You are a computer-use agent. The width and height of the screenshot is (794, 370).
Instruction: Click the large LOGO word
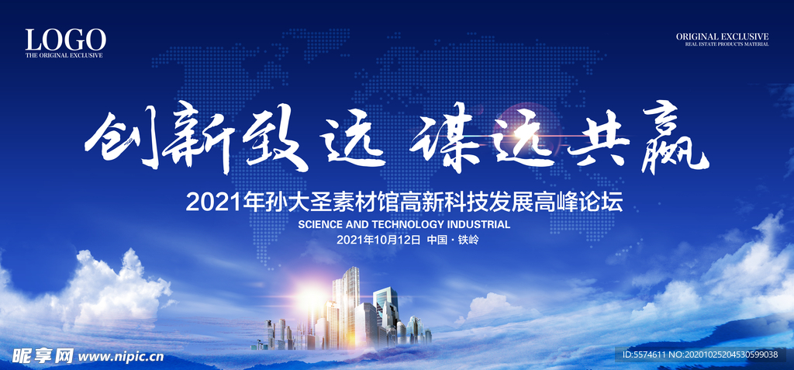pos(66,40)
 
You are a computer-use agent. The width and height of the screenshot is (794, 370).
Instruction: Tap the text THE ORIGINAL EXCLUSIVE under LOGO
pos(64,55)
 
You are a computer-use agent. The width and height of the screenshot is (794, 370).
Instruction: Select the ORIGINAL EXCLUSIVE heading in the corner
pos(722,36)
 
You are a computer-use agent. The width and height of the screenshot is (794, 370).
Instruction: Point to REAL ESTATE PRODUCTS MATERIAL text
pos(727,44)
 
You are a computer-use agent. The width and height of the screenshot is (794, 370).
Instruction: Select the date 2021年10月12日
pos(378,240)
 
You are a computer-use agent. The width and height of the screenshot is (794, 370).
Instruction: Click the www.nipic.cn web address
pos(120,356)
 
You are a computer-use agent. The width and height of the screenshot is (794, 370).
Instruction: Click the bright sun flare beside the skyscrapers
pos(309,295)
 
